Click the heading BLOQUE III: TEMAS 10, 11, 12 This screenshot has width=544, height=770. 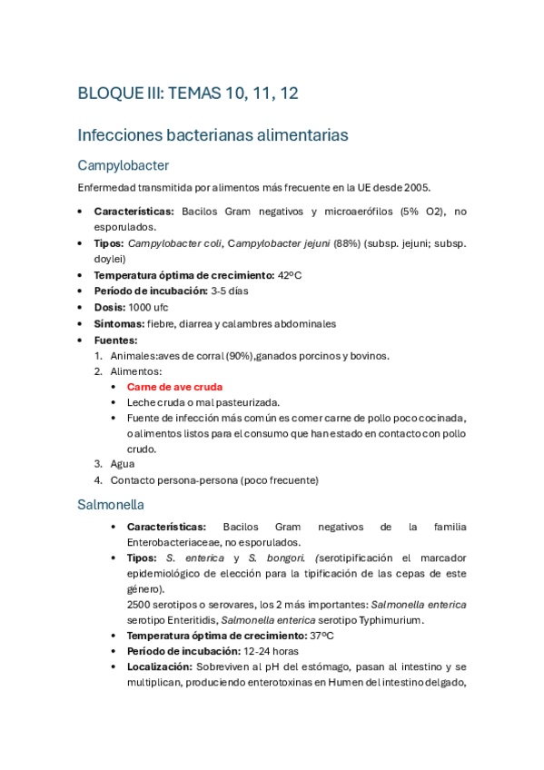click(189, 94)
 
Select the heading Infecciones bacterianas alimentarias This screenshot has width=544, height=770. click(213, 135)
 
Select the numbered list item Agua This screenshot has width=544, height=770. click(123, 464)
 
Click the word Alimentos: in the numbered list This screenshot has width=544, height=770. click(136, 370)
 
